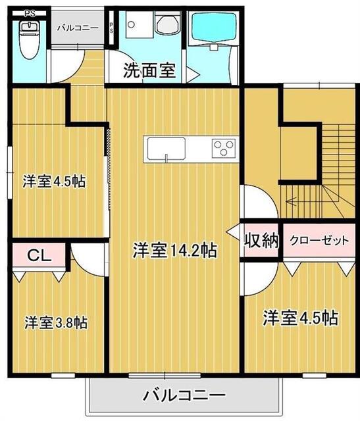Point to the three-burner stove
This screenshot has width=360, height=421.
223,148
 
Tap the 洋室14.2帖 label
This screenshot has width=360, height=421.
175,250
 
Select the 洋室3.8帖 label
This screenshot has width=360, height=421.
56,322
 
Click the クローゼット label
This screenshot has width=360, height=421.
319,240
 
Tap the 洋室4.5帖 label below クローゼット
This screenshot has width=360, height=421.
301,318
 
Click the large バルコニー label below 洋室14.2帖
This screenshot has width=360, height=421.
184,396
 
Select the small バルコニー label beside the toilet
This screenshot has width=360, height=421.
77,28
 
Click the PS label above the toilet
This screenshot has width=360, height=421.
29,12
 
